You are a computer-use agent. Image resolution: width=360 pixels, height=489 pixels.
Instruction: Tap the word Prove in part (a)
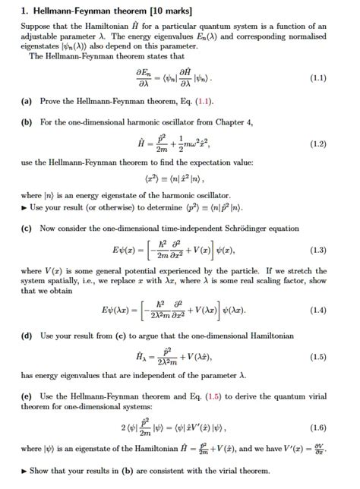click(x=52, y=100)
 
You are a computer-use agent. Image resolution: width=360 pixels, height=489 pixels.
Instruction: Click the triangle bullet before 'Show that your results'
click(x=25, y=470)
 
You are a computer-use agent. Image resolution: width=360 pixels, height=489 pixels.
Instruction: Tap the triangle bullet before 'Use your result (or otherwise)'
click(x=25, y=207)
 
